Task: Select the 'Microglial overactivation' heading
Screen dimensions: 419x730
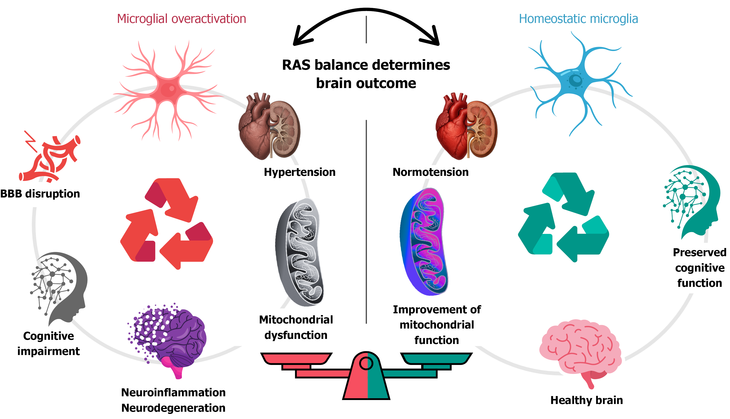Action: pos(181,19)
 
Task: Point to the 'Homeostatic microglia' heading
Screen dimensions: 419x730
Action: pos(578,19)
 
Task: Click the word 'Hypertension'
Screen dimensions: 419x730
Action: pos(300,172)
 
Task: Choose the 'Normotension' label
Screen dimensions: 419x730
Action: pos(430,172)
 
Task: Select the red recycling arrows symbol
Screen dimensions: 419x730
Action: pos(167,223)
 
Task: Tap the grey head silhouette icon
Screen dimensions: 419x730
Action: pos(60,288)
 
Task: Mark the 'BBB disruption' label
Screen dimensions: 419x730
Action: pos(40,194)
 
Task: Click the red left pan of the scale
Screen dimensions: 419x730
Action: pos(296,359)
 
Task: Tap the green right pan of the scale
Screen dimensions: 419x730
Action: pos(436,359)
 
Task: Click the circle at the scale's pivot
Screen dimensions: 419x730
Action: pos(366,363)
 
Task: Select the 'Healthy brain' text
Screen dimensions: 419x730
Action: pos(586,400)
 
